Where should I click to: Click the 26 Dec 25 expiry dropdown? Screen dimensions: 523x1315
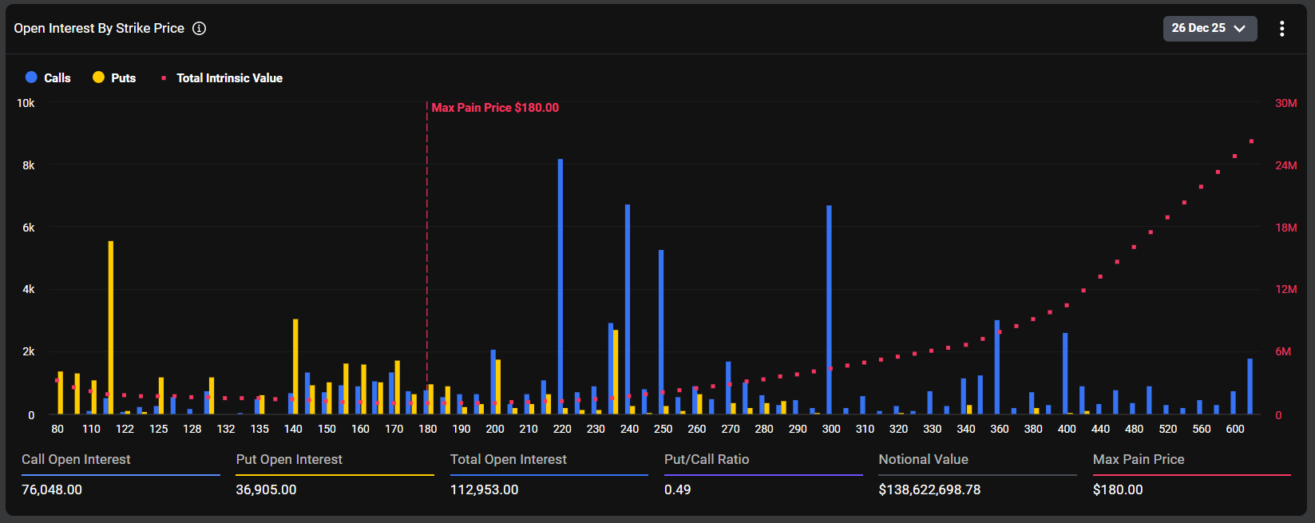tap(1209, 29)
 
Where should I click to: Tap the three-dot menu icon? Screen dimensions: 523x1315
tap(1281, 29)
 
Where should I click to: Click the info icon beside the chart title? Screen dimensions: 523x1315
tap(200, 29)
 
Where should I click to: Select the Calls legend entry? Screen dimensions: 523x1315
tap(49, 77)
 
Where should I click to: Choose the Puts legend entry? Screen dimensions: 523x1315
tap(115, 77)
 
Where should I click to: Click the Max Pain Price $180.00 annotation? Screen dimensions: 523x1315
tap(495, 108)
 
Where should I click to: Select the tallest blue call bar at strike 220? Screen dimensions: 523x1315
tap(560, 287)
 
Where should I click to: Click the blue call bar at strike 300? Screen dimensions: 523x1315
tap(830, 311)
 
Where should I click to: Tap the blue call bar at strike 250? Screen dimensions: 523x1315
tap(661, 332)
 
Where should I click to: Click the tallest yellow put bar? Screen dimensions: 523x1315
tap(111, 327)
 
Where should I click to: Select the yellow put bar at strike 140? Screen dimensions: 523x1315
tap(295, 367)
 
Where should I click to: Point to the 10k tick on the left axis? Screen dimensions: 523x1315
tap(26, 103)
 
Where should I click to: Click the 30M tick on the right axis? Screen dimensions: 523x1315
tap(1285, 103)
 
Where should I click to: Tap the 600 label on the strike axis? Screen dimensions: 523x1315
tap(1234, 429)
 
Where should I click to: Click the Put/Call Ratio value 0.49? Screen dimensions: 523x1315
tap(678, 489)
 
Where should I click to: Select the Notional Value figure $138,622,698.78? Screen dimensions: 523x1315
tap(929, 489)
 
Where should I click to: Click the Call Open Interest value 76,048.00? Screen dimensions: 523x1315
tap(52, 489)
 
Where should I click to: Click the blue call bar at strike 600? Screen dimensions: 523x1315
tap(1250, 387)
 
